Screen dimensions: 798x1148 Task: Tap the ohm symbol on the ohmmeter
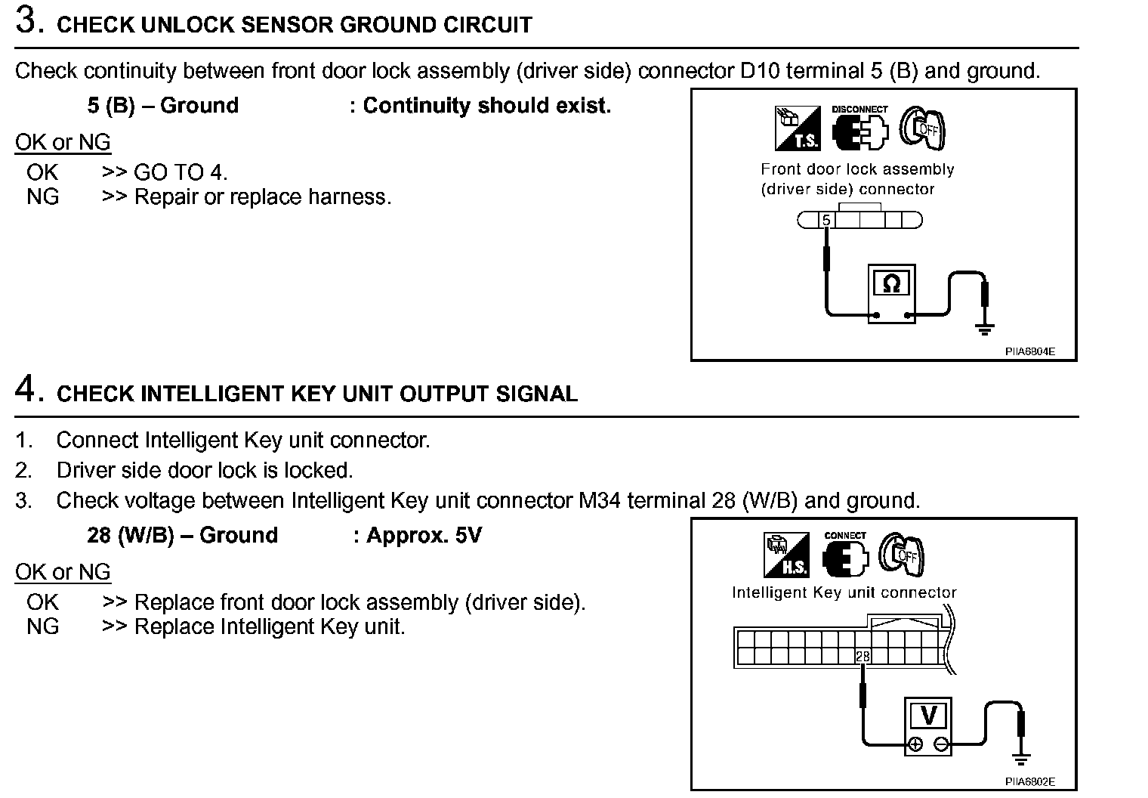891,284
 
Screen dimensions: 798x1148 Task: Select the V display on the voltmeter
929,715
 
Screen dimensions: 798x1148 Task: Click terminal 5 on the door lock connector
826,221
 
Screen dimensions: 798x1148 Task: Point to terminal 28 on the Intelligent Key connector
863,656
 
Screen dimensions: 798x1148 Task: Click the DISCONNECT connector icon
859,130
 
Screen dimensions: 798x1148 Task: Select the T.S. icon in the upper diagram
797,128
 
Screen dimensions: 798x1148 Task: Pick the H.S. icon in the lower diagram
786,555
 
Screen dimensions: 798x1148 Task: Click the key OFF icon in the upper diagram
922,128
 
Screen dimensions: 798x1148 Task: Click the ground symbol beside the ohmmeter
984,328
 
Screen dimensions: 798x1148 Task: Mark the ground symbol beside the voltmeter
1021,758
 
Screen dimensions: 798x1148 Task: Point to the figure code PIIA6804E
1029,351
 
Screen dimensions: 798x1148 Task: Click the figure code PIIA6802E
1029,781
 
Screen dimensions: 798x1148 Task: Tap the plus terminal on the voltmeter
915,744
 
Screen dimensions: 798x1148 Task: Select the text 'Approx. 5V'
424,536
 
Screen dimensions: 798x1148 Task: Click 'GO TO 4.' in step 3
181,172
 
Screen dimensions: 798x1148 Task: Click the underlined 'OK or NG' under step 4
63,572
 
